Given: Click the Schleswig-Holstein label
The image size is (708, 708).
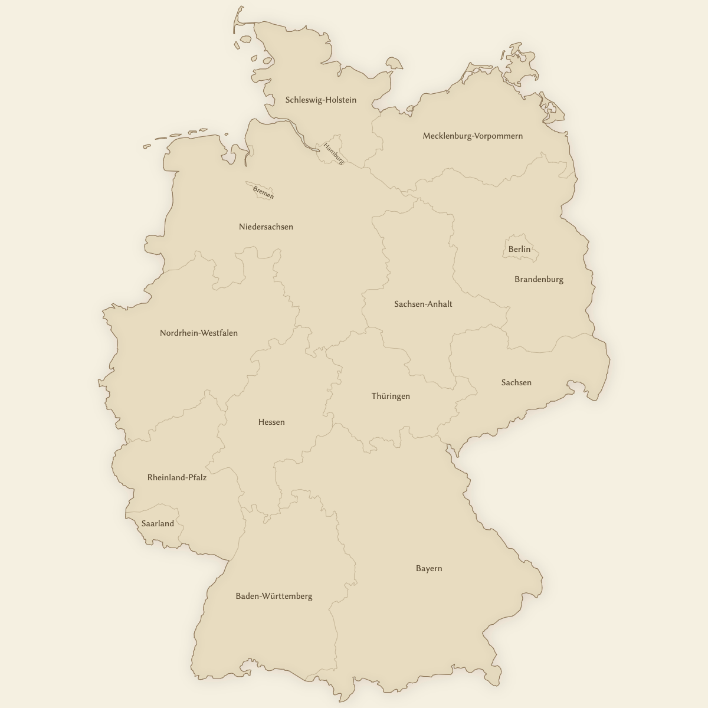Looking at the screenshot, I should [320, 100].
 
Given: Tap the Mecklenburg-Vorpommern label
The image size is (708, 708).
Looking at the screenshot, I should [472, 136].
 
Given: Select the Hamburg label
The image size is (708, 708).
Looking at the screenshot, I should [333, 153].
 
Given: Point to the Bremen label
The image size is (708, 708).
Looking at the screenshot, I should [263, 192].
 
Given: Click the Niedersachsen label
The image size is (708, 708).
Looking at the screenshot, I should [265, 227].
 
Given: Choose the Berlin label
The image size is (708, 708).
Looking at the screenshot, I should [519, 250].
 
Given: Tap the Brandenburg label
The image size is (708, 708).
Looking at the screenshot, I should [539, 280].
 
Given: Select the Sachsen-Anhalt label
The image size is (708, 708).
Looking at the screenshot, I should [423, 304].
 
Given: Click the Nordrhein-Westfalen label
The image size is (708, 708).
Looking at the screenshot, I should [198, 333].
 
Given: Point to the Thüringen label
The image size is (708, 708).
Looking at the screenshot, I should [390, 396].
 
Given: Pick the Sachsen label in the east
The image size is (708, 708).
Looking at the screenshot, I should [516, 383].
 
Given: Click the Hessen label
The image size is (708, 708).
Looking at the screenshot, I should [271, 422].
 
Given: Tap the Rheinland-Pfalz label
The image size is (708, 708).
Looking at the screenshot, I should [176, 478].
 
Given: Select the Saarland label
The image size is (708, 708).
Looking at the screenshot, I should [158, 524].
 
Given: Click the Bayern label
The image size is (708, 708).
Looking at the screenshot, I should [428, 569].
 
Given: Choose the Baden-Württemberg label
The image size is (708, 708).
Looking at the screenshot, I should [274, 596].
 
